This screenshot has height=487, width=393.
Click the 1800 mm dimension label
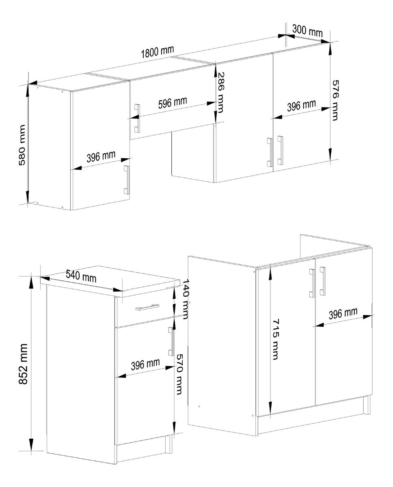coord(158,52)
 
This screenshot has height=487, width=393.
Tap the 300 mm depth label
coord(307,30)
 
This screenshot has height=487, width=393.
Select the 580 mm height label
coord(22,145)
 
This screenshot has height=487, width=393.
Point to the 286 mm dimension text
coord(219,93)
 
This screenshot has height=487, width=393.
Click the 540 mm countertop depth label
coord(81,276)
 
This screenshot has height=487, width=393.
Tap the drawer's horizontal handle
coord(147,307)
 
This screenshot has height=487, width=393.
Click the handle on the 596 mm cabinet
coord(137,119)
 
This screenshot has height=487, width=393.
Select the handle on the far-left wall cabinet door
coord(127,180)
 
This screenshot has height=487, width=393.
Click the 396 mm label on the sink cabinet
coord(343,313)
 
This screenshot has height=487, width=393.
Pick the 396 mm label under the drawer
coord(145,364)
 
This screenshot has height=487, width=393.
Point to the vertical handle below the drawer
coord(171,341)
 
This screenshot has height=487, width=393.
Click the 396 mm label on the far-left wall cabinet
coord(101,156)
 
